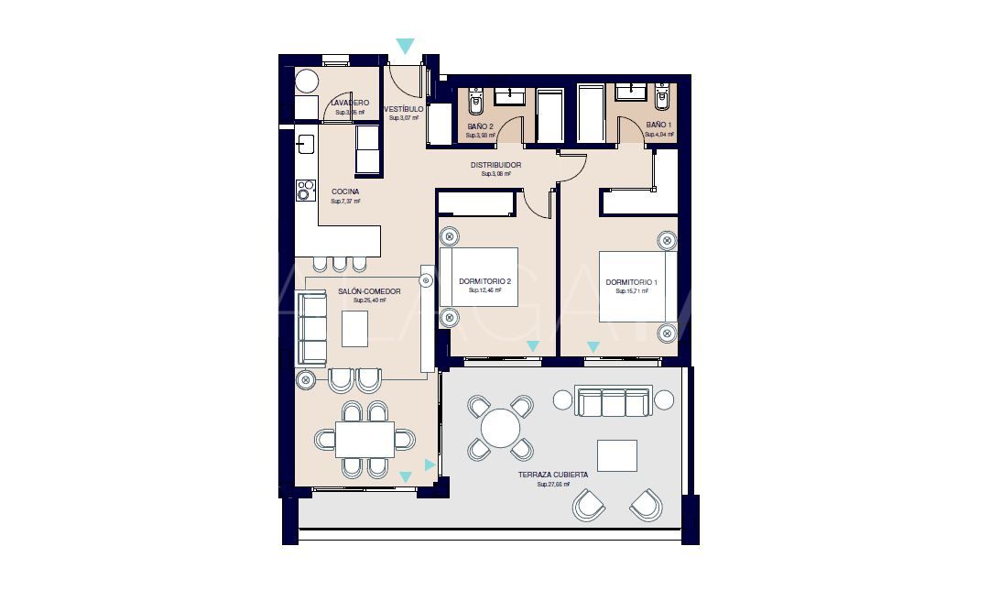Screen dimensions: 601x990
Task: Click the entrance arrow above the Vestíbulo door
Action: click(x=405, y=46)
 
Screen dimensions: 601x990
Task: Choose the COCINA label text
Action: click(x=345, y=191)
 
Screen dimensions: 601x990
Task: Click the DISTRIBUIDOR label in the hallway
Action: click(x=495, y=165)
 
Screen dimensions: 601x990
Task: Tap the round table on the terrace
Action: click(x=501, y=428)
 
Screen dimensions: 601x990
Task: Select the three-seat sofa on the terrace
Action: click(x=613, y=400)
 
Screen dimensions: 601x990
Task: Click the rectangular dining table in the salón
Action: click(x=364, y=439)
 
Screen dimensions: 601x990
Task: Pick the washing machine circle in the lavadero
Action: click(x=306, y=81)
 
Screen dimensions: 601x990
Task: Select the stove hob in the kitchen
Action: click(x=305, y=191)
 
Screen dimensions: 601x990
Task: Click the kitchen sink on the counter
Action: click(x=305, y=144)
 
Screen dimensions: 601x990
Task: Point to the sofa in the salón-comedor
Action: click(x=313, y=329)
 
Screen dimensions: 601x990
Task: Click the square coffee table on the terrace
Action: click(x=616, y=455)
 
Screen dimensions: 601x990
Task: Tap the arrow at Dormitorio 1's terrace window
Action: click(x=593, y=347)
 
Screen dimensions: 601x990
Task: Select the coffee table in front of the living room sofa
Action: click(x=355, y=329)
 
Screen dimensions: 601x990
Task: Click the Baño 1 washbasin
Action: click(x=630, y=91)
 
